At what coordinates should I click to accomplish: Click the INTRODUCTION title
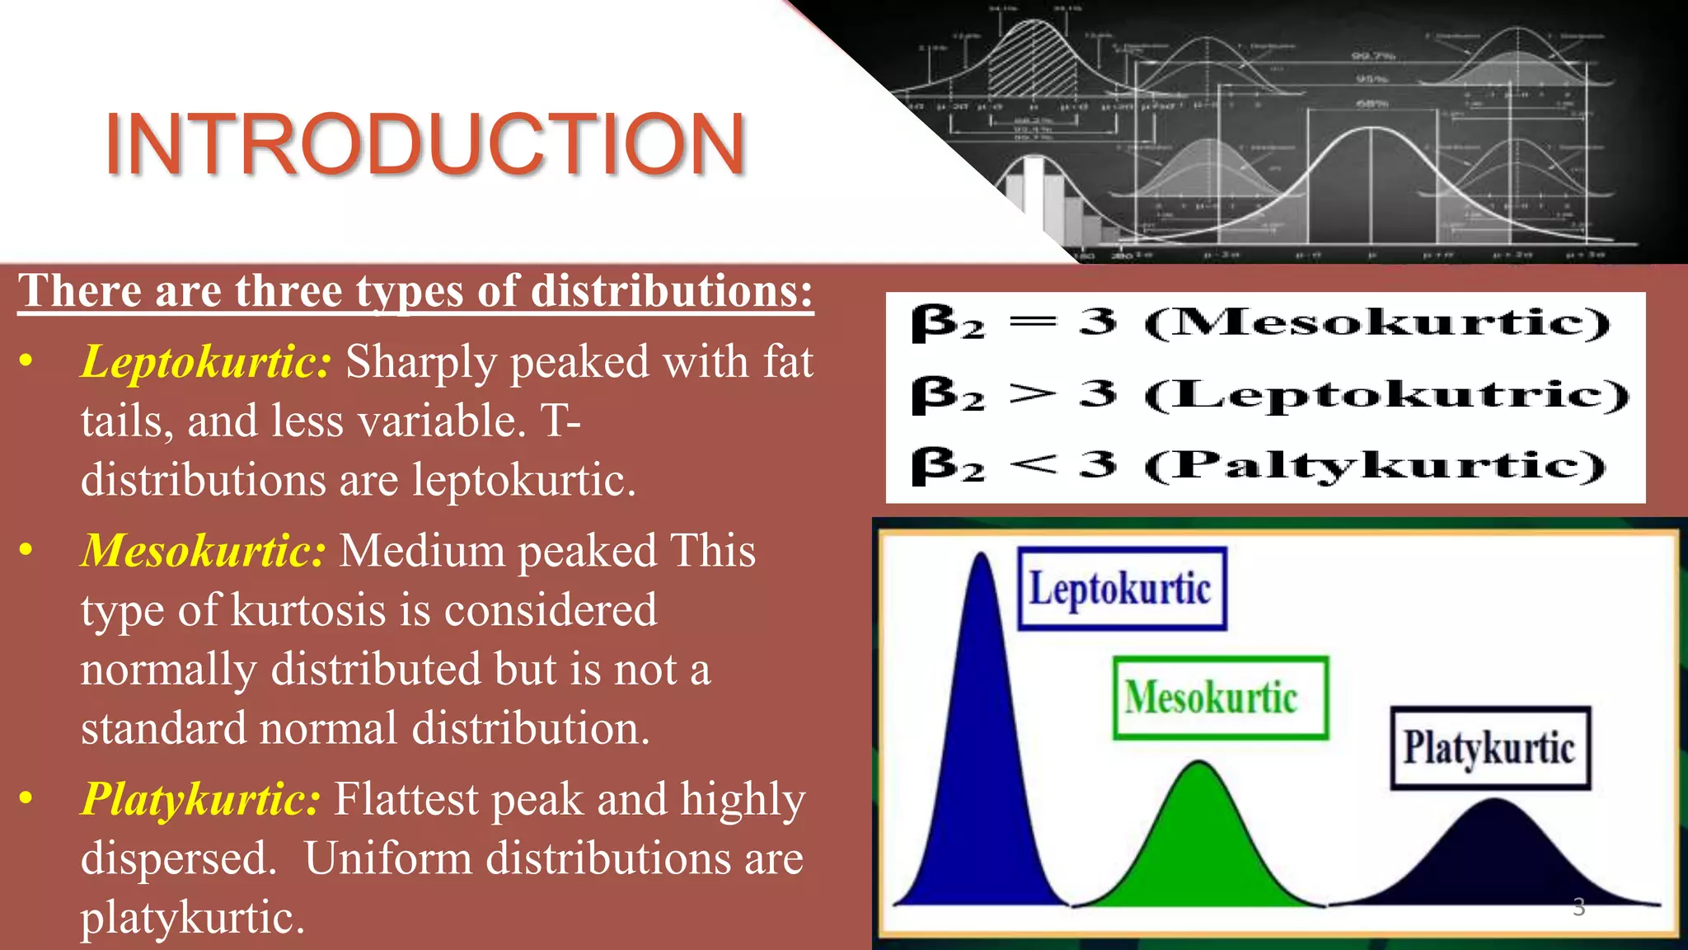point(425,145)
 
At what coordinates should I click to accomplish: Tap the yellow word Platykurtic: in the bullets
point(200,799)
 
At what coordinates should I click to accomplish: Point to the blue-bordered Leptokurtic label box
point(1122,589)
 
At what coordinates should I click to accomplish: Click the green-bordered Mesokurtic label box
point(1220,698)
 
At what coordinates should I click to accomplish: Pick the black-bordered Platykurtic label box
point(1490,748)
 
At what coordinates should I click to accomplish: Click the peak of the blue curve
point(982,557)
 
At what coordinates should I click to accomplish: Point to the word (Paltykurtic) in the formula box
point(1375,466)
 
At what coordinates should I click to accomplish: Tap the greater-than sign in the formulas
point(1033,394)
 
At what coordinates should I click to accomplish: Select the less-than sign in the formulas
point(1033,465)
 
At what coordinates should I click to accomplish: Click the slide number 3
point(1578,907)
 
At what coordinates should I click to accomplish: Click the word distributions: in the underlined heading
point(672,291)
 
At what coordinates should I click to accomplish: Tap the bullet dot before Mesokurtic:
point(26,550)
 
